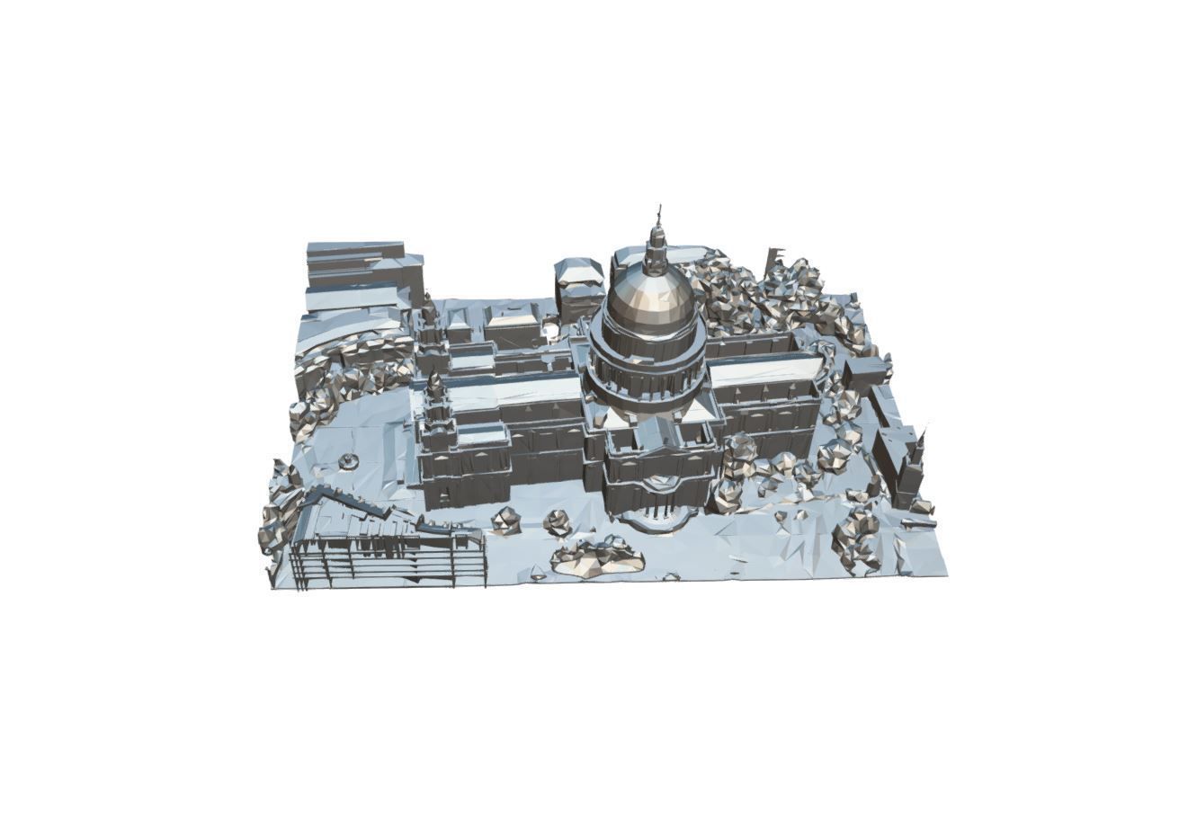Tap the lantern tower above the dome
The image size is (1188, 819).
click(657, 248)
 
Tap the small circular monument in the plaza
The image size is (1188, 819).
click(348, 461)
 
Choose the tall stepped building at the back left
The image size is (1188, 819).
click(360, 270)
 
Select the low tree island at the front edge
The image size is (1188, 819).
click(598, 557)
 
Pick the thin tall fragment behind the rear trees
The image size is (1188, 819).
click(772, 261)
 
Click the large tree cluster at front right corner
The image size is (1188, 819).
click(859, 539)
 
